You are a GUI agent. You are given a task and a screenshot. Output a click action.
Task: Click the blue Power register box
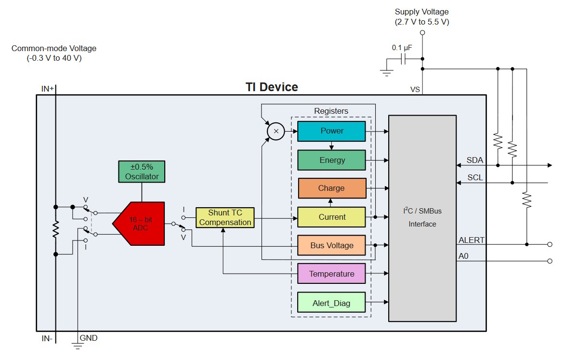click(331, 131)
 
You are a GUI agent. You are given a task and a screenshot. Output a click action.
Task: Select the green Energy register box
click(331, 160)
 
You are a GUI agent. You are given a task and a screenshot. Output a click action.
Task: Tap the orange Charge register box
click(332, 188)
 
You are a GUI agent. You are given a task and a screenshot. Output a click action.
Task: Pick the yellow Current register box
click(331, 217)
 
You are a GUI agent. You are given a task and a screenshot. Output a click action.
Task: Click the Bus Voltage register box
click(331, 245)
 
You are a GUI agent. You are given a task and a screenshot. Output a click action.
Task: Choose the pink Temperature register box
click(331, 274)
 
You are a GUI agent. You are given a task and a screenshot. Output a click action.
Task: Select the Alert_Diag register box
click(331, 302)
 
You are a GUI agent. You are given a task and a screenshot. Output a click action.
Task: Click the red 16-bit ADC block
click(139, 224)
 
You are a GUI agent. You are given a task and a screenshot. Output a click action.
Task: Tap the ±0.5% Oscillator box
click(142, 172)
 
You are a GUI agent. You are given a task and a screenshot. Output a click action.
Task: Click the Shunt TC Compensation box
click(225, 218)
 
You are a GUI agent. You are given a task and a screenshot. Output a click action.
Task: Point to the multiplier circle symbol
click(276, 131)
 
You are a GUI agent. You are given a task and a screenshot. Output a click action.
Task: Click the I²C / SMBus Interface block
click(422, 218)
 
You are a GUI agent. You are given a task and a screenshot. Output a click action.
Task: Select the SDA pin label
click(474, 160)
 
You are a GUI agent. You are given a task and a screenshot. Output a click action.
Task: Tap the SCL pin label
click(475, 177)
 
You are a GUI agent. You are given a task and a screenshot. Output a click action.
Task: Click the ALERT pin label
click(471, 240)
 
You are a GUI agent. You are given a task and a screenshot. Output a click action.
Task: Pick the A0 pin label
click(463, 256)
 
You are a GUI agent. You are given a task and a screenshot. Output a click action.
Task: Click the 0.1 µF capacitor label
click(402, 48)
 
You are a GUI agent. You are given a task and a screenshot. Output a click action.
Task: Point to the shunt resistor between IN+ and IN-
click(55, 229)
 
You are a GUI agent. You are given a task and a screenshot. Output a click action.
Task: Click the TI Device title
click(272, 87)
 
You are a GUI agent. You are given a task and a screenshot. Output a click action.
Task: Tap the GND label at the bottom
click(88, 338)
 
